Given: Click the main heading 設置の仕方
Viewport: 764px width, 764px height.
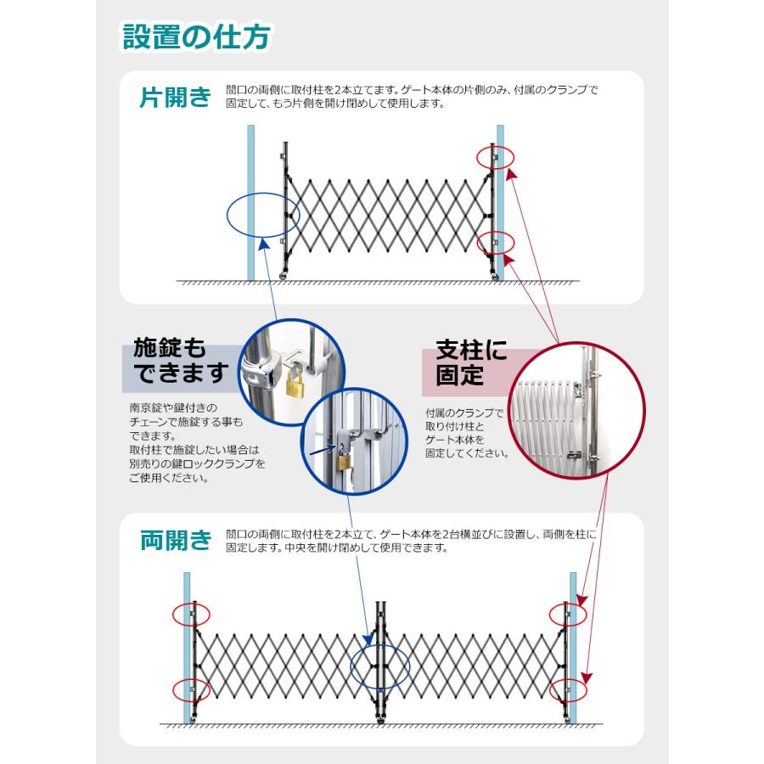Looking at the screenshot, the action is [x=196, y=37].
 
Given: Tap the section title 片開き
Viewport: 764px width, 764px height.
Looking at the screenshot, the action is [x=176, y=97].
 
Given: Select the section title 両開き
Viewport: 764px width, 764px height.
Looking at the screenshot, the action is [x=176, y=541].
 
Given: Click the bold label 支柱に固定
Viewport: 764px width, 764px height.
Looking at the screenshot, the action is [x=471, y=363].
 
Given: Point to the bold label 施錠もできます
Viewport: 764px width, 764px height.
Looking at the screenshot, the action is [x=181, y=361].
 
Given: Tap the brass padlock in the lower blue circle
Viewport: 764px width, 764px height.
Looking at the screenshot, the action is [x=345, y=459].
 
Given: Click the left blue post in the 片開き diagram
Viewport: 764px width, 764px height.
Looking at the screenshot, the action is [x=251, y=203].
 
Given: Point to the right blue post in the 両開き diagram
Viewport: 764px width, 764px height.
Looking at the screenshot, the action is [x=573, y=648].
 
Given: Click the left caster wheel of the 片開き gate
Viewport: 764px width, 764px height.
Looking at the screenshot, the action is [x=284, y=277].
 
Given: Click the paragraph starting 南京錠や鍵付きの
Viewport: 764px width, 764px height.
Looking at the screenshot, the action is [x=197, y=442].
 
